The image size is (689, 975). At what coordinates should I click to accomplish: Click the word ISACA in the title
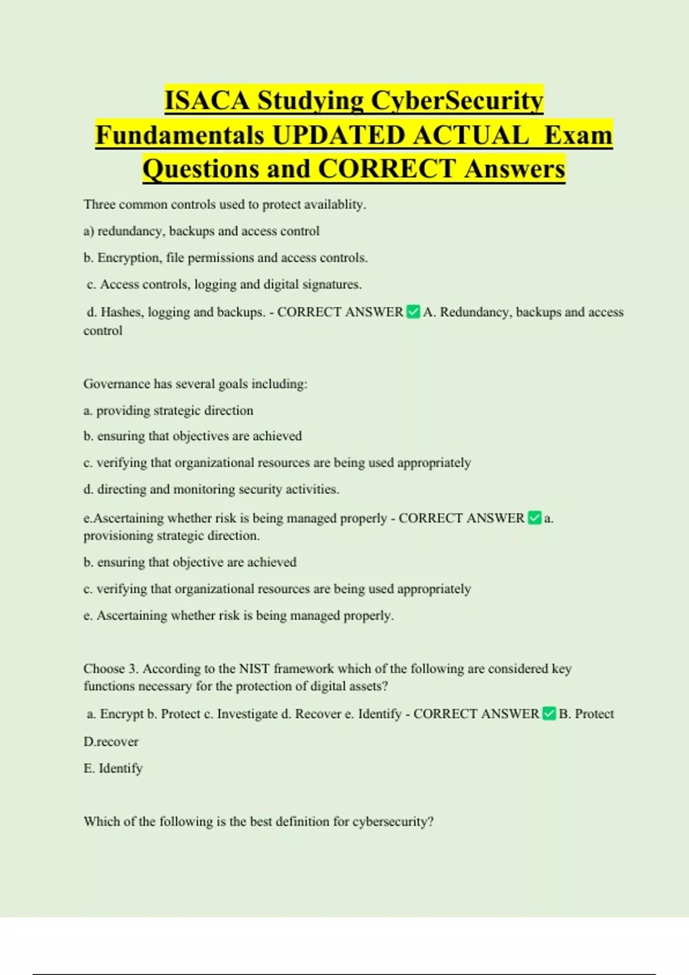tap(207, 101)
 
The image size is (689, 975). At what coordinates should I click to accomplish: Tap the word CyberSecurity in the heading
tap(456, 101)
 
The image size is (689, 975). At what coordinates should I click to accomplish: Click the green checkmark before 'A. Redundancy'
tap(413, 312)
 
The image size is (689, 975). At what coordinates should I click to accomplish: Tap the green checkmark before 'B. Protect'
tap(549, 713)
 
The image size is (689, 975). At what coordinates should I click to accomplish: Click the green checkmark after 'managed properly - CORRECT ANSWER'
tap(534, 518)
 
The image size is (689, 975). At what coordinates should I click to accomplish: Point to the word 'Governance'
tap(116, 384)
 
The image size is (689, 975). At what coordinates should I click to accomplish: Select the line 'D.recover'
tap(111, 742)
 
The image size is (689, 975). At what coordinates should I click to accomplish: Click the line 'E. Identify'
tap(113, 769)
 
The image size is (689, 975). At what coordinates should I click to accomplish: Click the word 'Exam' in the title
tap(578, 135)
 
